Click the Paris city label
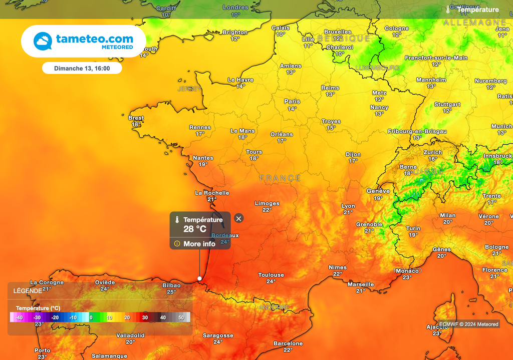coord(292,102)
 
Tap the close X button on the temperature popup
coord(239,218)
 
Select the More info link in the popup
coord(199,244)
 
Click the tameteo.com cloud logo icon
coord(43,41)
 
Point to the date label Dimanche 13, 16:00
coord(82,68)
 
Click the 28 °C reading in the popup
coord(195,229)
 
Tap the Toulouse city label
coord(271,275)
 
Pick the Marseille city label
coord(361,284)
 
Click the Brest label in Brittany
coord(136,118)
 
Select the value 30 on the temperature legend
coord(145,317)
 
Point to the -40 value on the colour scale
coord(19,317)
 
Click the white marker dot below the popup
coord(200,278)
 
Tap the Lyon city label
coord(348,206)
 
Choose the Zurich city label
coord(433,152)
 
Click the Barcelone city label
coord(288,343)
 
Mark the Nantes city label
coord(203,158)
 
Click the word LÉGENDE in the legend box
coord(28,291)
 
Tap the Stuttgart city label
coord(447,105)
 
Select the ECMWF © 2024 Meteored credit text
coord(469,324)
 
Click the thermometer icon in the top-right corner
coord(448,10)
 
